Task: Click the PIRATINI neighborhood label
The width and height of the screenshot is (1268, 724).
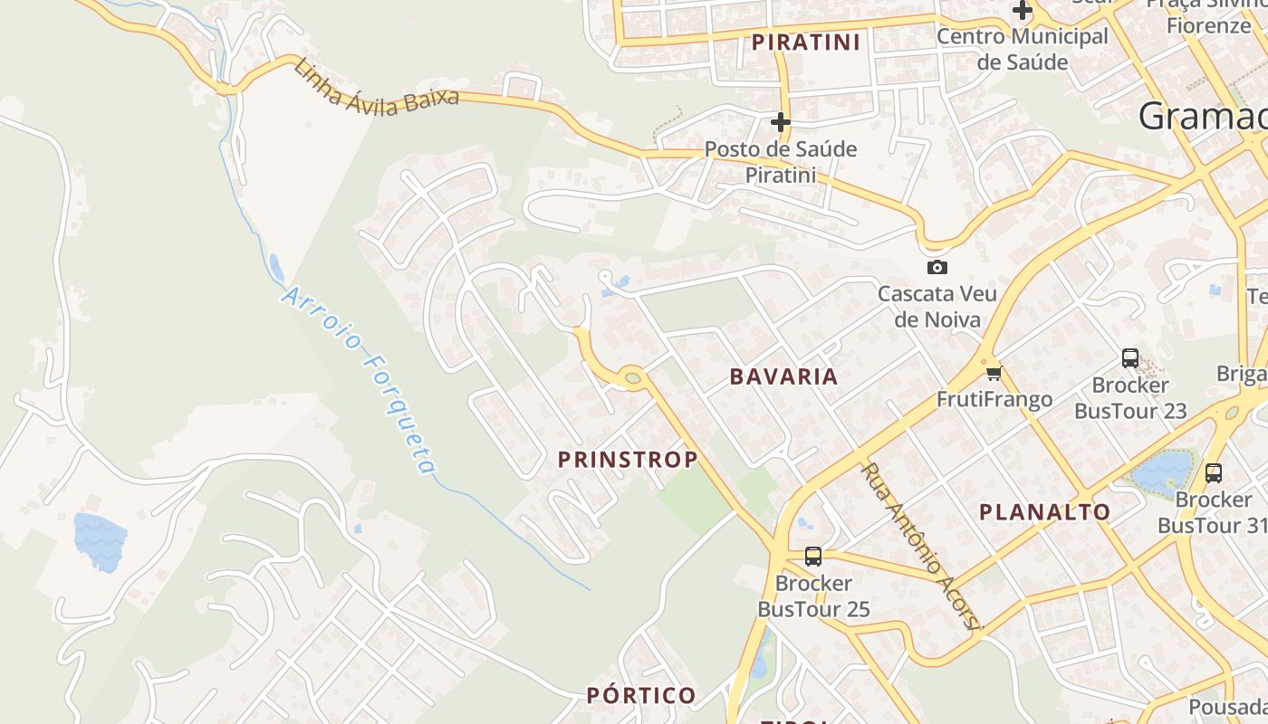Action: click(805, 43)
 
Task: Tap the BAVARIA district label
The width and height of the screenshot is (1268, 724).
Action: click(783, 376)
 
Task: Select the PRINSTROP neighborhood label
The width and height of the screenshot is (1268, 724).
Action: click(628, 460)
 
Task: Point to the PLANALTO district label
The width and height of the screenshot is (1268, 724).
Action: click(1044, 512)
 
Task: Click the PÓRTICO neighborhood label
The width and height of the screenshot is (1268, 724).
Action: click(641, 696)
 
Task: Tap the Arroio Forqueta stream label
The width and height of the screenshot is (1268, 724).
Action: click(360, 381)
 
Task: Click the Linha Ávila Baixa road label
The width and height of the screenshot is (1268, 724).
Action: click(377, 87)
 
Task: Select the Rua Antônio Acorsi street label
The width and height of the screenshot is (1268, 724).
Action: click(920, 548)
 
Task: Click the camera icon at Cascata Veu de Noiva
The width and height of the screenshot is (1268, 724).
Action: click(937, 267)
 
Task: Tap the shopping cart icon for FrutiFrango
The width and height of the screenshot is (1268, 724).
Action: click(994, 373)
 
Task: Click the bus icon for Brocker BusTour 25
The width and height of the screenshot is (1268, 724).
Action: click(813, 557)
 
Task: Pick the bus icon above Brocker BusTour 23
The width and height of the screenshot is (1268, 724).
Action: click(1130, 357)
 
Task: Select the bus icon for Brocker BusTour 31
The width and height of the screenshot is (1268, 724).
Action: click(1214, 472)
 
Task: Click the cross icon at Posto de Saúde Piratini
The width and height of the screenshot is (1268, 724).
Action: click(781, 122)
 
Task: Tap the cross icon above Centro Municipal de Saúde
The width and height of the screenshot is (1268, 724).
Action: click(1023, 11)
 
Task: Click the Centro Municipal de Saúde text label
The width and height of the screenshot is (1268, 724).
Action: click(1023, 49)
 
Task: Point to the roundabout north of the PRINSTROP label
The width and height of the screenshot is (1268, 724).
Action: click(632, 377)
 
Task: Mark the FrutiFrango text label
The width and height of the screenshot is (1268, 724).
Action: click(994, 399)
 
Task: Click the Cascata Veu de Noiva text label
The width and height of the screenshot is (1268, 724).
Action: click(937, 307)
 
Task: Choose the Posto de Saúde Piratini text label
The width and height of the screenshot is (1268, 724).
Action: click(781, 161)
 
